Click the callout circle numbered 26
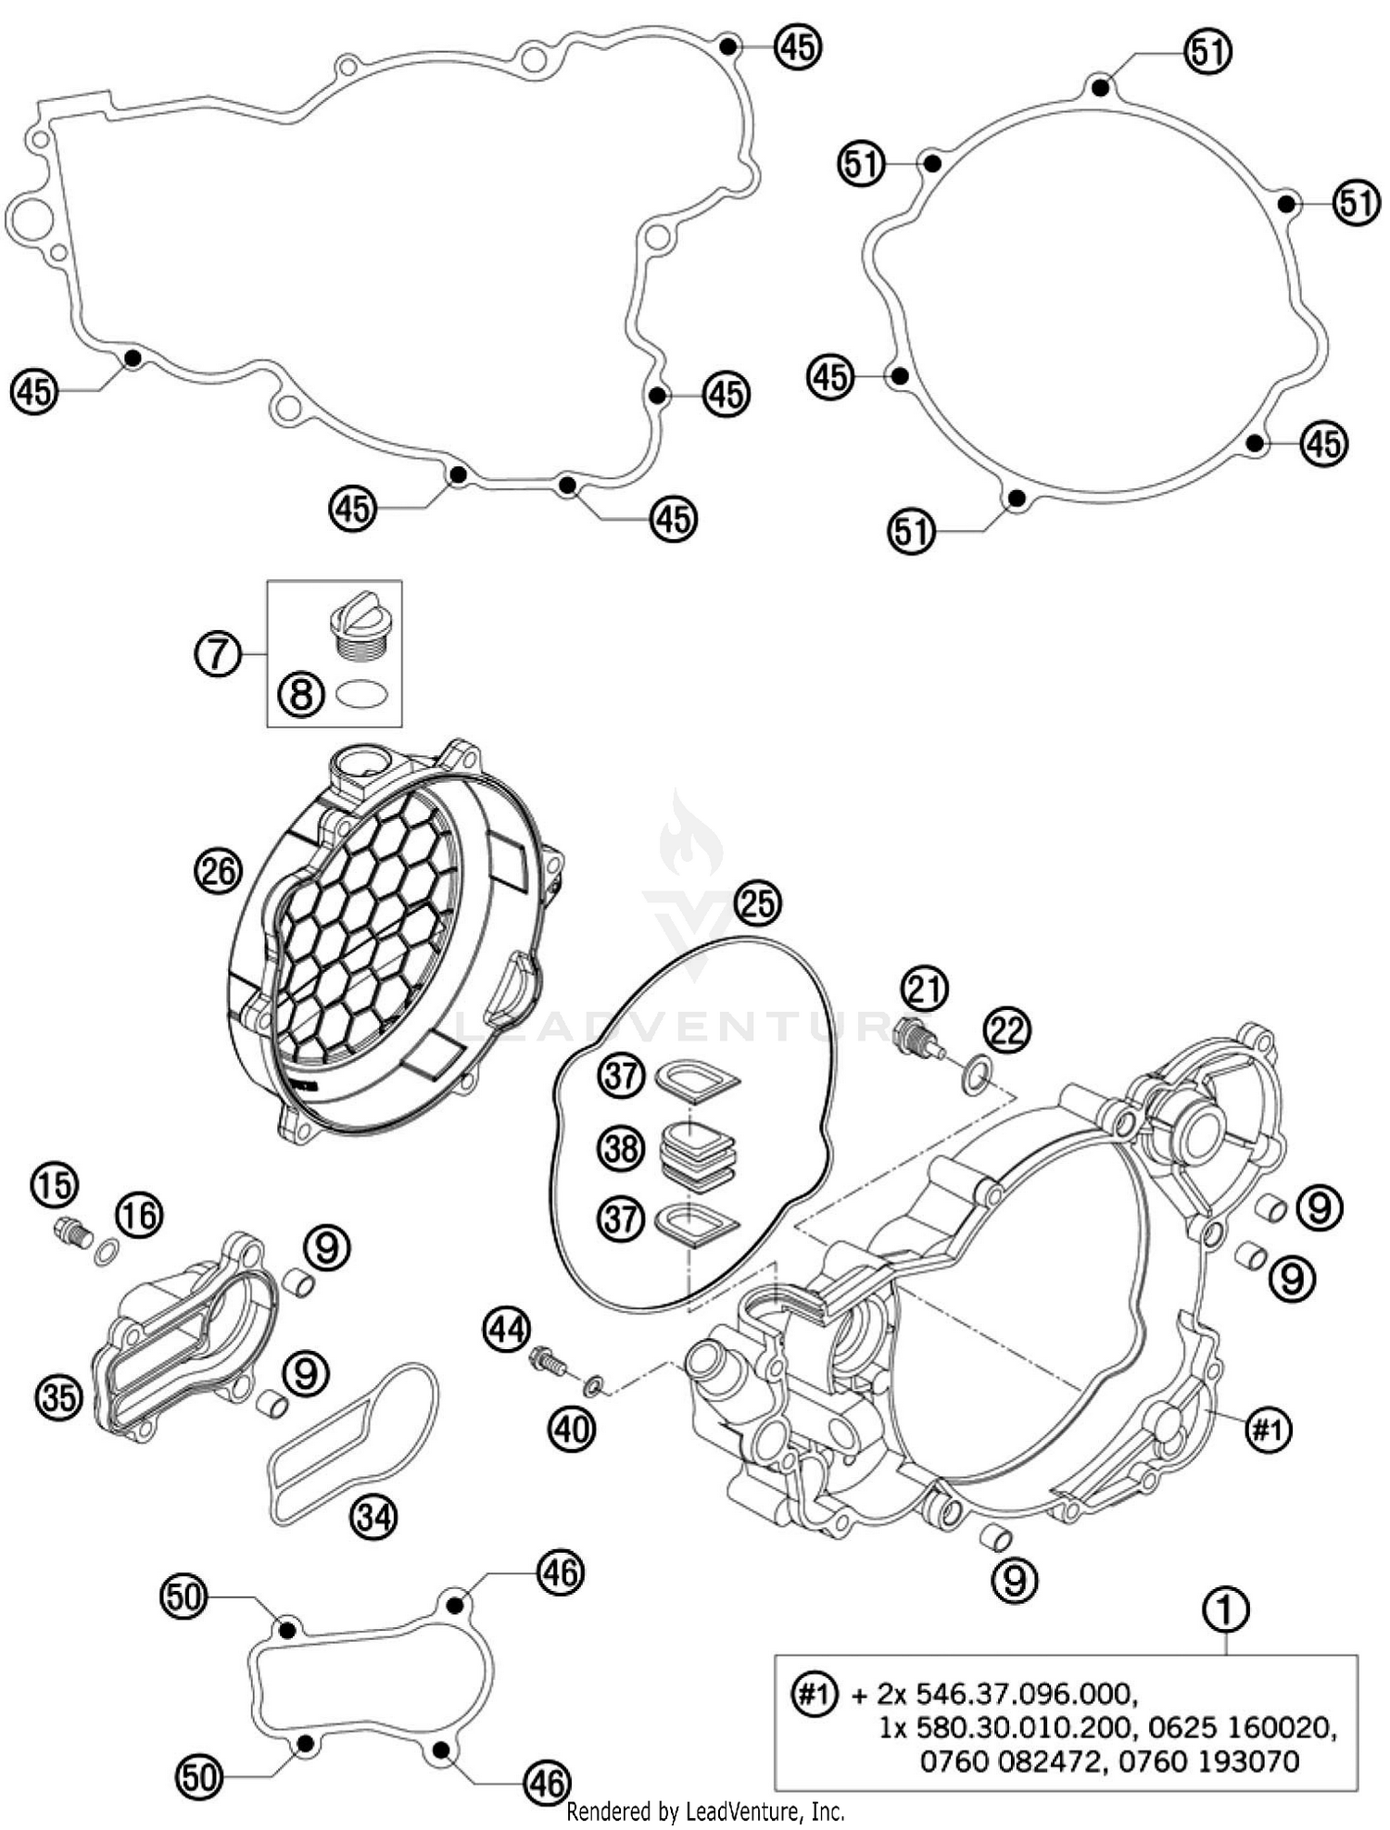pyautogui.click(x=218, y=872)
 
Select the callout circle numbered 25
pyautogui.click(x=758, y=902)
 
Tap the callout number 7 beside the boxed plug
pyautogui.click(x=217, y=654)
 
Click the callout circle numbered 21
pyautogui.click(x=926, y=990)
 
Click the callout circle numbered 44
pyautogui.click(x=506, y=1331)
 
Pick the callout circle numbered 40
pyautogui.click(x=572, y=1430)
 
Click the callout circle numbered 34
pyautogui.click(x=374, y=1517)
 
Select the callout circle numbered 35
pyautogui.click(x=58, y=1396)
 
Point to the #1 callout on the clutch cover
pyautogui.click(x=1267, y=1431)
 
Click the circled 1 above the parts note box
pyautogui.click(x=1225, y=1609)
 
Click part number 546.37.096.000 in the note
pyautogui.click(x=1025, y=1695)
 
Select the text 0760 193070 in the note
pyautogui.click(x=1208, y=1761)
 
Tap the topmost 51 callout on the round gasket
pyautogui.click(x=1207, y=52)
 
